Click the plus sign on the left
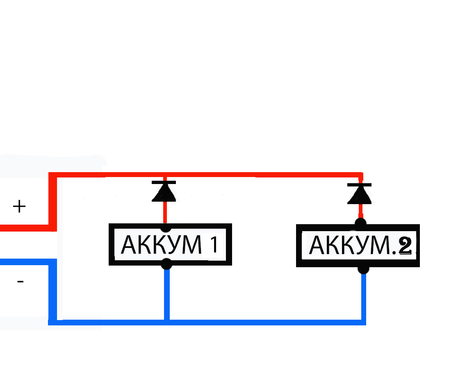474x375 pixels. [x=19, y=206]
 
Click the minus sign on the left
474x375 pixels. [x=21, y=282]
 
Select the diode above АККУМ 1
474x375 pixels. [x=164, y=191]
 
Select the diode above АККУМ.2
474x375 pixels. [x=360, y=194]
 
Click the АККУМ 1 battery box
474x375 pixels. [x=170, y=245]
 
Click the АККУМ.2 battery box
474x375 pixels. [x=358, y=245]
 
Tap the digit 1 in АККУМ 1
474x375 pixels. [x=214, y=245]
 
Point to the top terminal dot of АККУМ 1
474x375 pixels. [x=166, y=227]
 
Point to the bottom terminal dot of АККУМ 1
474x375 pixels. [x=166, y=264]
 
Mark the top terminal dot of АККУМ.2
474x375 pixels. [x=360, y=224]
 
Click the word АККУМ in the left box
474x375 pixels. [x=162, y=245]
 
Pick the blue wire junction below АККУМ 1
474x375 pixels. [x=167, y=322]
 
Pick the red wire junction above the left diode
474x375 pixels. [x=164, y=175]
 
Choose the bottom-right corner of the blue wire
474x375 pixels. [x=363, y=322]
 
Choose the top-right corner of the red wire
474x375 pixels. [x=360, y=175]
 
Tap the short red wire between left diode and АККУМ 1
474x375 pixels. [x=165, y=213]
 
